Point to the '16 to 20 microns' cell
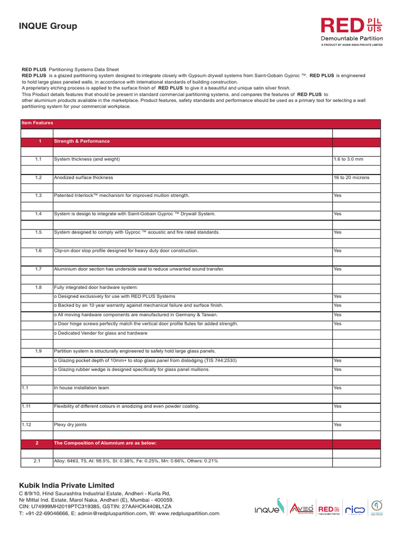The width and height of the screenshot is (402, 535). click(351, 178)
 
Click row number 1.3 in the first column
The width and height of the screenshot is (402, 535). click(38, 195)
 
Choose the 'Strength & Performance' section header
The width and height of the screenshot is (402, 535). click(82, 141)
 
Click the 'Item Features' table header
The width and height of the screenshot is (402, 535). click(37, 123)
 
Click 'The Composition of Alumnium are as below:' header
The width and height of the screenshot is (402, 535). click(105, 443)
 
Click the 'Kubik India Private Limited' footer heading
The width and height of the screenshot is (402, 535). click(66, 485)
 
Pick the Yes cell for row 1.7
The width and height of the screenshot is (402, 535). click(337, 269)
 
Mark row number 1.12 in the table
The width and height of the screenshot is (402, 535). click(27, 425)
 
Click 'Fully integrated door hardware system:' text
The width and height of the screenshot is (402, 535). click(96, 287)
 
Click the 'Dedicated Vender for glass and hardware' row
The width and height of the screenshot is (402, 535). click(102, 333)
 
